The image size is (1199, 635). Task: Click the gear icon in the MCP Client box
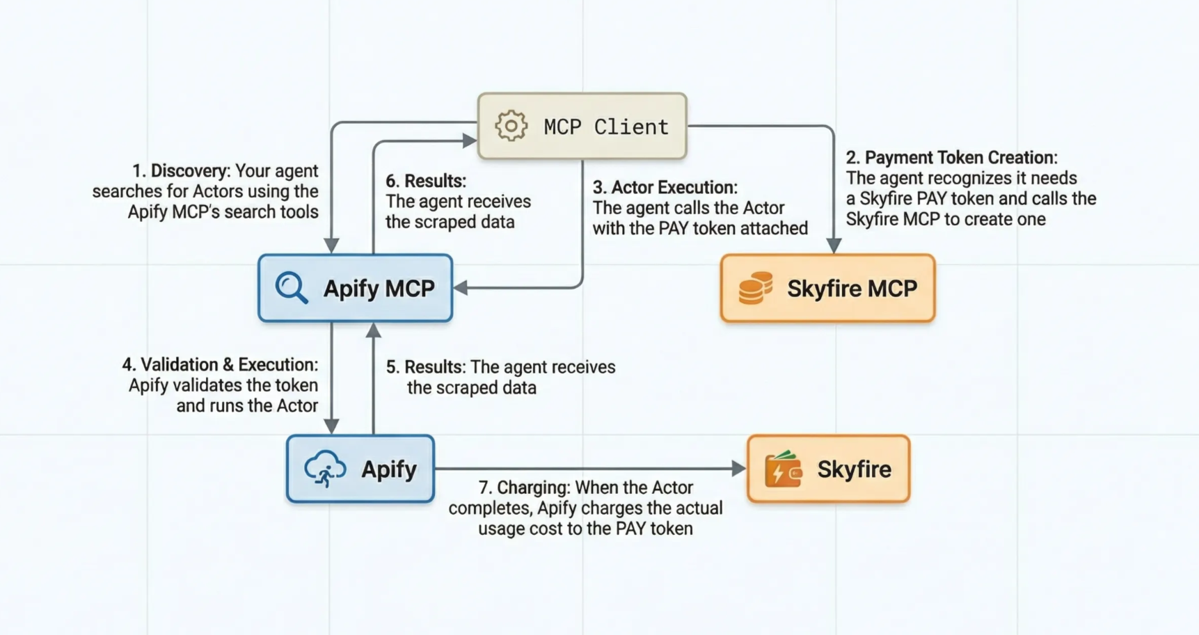click(511, 126)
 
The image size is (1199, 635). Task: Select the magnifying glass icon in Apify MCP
click(291, 288)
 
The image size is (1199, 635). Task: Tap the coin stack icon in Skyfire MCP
click(755, 288)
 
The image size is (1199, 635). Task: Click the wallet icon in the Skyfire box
click(783, 469)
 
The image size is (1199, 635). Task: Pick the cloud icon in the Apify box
click(325, 468)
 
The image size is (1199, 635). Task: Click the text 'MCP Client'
click(605, 127)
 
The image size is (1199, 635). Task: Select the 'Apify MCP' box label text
click(379, 288)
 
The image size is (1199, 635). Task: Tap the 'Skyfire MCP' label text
click(852, 288)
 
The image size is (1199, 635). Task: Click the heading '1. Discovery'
click(180, 171)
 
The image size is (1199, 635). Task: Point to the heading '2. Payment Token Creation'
click(951, 158)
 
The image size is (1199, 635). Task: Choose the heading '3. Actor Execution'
click(665, 188)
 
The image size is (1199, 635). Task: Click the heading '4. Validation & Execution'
click(220, 364)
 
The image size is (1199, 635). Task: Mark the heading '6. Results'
click(426, 181)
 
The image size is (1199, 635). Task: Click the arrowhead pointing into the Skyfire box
click(739, 469)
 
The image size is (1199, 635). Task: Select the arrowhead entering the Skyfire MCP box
click(834, 246)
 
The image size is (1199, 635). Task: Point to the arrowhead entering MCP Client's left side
click(470, 140)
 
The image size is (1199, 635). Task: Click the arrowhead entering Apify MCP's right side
click(461, 288)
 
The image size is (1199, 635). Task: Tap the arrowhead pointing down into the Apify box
click(331, 426)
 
